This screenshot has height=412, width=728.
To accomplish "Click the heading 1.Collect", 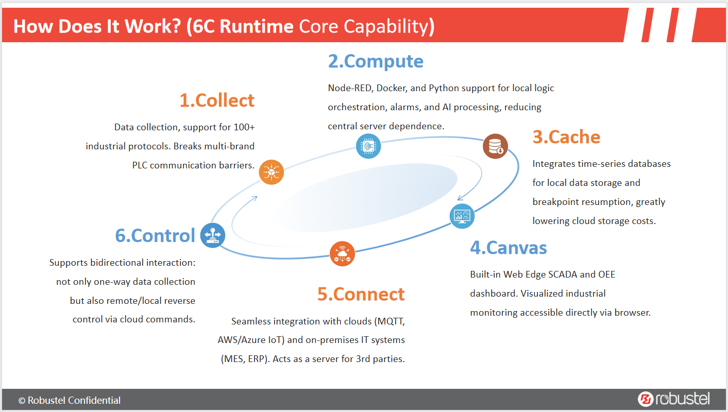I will point(217,100).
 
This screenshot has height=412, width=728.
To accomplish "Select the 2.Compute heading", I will point(376,61).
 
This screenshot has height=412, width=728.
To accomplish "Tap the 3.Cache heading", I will point(566,137).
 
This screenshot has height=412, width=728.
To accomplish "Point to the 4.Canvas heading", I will point(508,248).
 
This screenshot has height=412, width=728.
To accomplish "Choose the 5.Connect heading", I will point(361,294).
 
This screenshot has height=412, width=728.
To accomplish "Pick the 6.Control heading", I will point(155,235).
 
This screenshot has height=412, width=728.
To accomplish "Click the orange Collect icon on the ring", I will point(271,172).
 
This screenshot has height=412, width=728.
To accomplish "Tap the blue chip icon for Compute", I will point(368,146).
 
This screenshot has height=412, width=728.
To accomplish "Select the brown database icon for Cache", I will point(495,146).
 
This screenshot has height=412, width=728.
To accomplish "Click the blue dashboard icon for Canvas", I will point(462,216).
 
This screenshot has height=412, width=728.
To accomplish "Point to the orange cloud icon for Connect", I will point(342,253).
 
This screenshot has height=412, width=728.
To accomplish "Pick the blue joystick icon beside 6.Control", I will point(213,235).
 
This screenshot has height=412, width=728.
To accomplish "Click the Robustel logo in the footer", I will point(673,399).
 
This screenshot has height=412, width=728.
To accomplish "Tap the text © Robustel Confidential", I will point(70,400).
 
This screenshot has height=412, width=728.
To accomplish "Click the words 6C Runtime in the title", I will point(241,26).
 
